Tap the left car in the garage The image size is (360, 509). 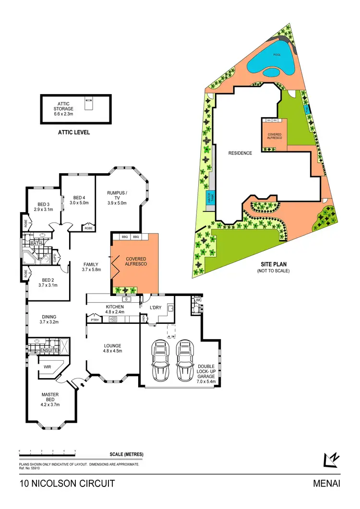(x=160, y=360)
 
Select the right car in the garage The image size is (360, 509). (x=184, y=360)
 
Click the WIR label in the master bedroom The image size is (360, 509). (x=48, y=367)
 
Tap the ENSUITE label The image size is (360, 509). (x=49, y=351)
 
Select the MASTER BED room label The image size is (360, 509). (x=50, y=398)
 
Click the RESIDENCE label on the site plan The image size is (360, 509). (x=240, y=153)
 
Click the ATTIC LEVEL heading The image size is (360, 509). (x=72, y=132)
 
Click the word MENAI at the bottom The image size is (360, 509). (x=326, y=484)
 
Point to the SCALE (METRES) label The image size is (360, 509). (x=126, y=454)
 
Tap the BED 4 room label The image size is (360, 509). (x=80, y=200)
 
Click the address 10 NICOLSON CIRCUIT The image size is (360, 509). (x=67, y=484)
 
